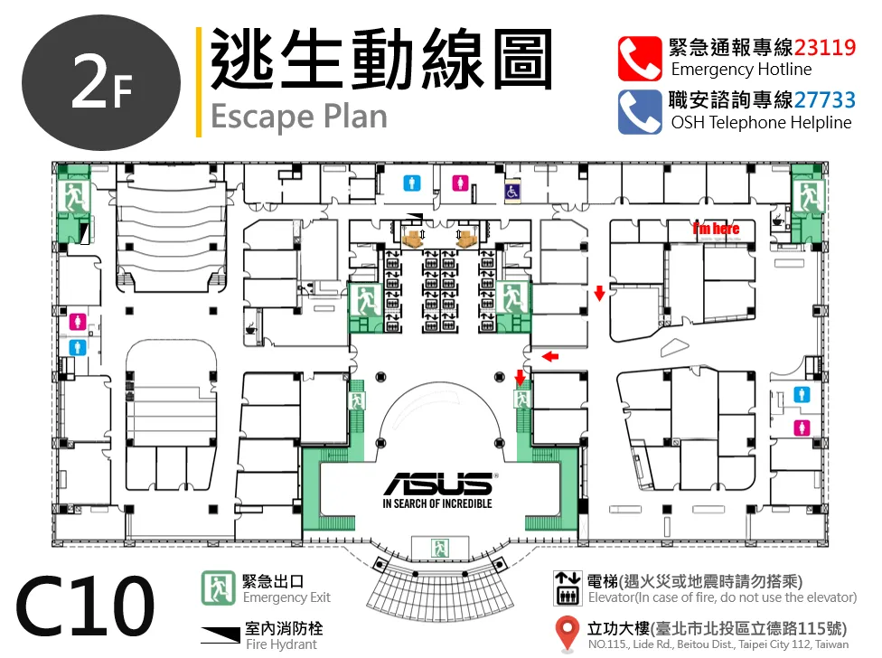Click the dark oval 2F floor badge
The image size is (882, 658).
coord(101,83)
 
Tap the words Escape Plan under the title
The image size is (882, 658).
coord(299,117)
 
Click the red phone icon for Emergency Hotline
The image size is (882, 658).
coord(640,59)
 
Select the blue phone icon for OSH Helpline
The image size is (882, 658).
coord(640,112)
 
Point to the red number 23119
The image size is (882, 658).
coord(825,47)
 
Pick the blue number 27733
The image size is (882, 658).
coord(825,100)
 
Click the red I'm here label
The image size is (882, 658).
coord(716,229)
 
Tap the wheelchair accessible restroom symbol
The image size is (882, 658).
coord(511,192)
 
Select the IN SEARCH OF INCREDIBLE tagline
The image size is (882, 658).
coord(437,503)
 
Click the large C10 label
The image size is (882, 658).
coord(84,606)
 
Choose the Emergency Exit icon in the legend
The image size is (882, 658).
coord(219,587)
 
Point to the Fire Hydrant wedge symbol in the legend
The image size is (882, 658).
coord(220,634)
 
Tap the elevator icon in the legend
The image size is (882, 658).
coord(568,588)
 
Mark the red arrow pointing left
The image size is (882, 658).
coord(550,356)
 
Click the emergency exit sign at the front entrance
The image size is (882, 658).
coord(440,548)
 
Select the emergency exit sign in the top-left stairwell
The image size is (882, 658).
coord(74,195)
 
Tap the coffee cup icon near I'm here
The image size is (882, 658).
coord(778,220)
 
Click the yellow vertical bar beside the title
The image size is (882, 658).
coord(199,82)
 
